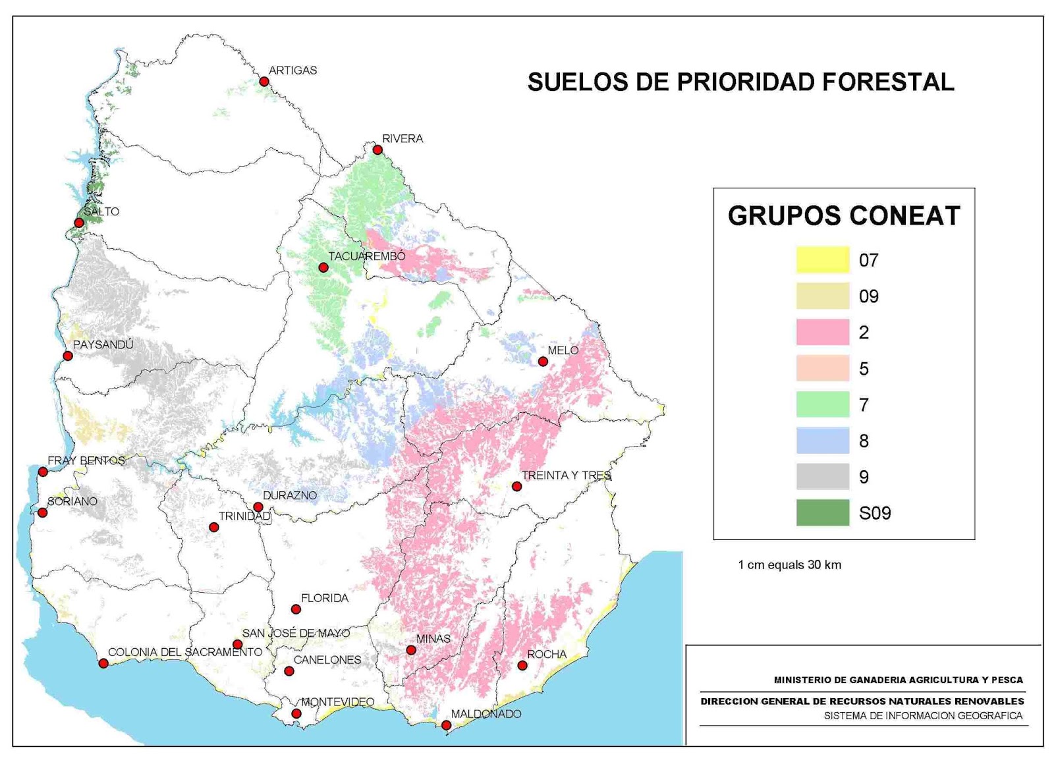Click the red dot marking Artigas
[264, 82]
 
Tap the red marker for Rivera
[377, 150]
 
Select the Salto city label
[101, 211]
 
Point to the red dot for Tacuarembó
[323, 267]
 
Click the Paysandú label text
[103, 344]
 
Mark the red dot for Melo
[543, 362]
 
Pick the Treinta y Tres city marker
[517, 487]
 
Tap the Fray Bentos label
[86, 460]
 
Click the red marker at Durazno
[258, 507]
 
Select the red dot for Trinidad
[213, 528]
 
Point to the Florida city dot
[296, 609]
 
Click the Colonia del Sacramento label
[185, 652]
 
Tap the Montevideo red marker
[296, 713]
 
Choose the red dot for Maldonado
[446, 725]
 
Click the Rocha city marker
[522, 665]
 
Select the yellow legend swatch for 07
[822, 260]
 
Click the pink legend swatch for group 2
[822, 332]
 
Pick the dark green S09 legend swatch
[822, 512]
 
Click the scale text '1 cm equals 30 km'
[789, 564]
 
